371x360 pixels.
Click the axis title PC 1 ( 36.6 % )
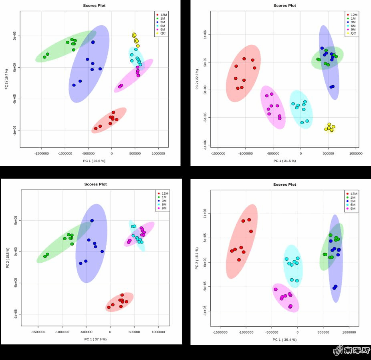click(x=95, y=161)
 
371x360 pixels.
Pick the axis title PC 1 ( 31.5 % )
click(x=284, y=161)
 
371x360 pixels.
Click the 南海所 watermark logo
click(x=351, y=351)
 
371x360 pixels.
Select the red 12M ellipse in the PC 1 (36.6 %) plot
click(x=109, y=120)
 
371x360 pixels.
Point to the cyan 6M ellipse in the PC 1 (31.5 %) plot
click(x=301, y=109)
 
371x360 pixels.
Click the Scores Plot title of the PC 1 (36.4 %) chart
click(x=285, y=185)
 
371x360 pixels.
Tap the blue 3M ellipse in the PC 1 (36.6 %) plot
click(x=89, y=64)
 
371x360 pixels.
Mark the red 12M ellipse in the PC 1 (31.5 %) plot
click(x=243, y=73)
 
